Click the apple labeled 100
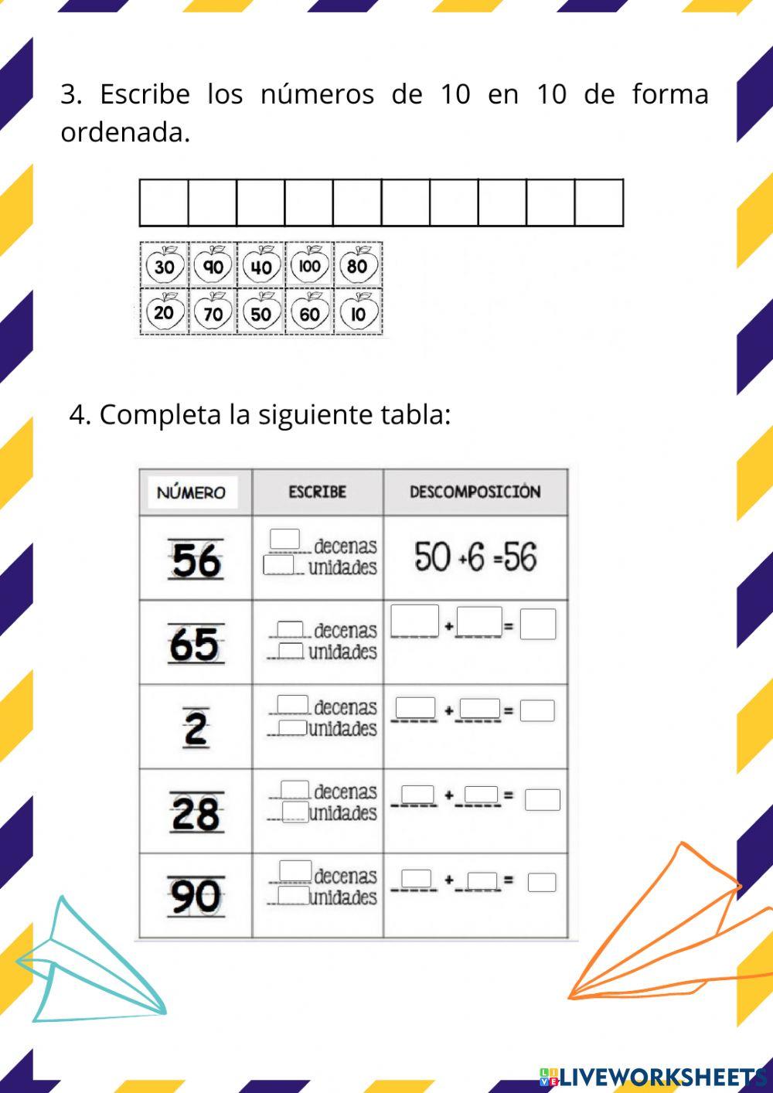point(309,266)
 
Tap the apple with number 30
point(165,267)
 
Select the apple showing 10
point(358,313)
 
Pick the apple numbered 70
point(213,313)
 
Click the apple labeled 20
point(164,313)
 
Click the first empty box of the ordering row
point(164,203)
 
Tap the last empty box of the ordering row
point(598,203)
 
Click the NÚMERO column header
point(192,492)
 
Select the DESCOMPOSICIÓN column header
point(475,492)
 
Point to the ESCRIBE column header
point(317,492)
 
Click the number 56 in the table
point(196,560)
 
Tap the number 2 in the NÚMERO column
point(196,727)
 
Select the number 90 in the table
point(196,897)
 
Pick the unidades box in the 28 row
point(295,812)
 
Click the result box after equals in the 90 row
point(541,882)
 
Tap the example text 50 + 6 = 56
point(475,557)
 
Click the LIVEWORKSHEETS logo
point(653,1076)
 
